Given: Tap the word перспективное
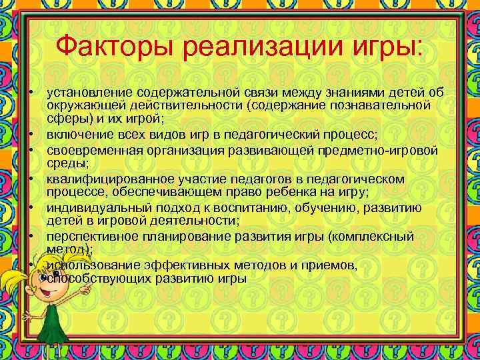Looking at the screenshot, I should click(x=89, y=237).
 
